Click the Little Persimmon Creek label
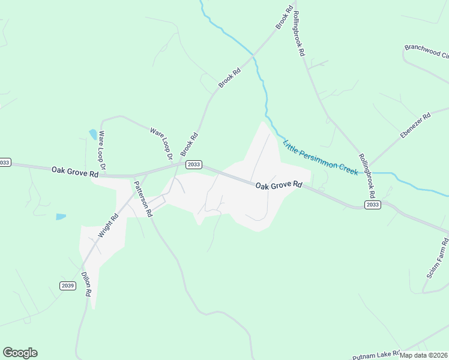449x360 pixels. point(321,157)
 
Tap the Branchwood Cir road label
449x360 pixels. point(427,51)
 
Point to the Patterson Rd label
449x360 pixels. point(143,197)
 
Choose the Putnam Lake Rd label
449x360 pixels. point(376,355)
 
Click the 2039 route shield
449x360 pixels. point(68,286)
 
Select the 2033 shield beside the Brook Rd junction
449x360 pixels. point(193,164)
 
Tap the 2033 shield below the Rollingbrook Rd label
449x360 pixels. point(372,205)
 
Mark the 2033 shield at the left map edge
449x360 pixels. point(5,163)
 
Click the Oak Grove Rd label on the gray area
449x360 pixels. point(279,186)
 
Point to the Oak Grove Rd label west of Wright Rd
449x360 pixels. point(74,173)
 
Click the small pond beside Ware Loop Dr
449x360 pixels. point(93,134)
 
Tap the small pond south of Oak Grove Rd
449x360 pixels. point(61,217)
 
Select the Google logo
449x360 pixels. point(20,353)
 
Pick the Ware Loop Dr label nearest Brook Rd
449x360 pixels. point(161,143)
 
